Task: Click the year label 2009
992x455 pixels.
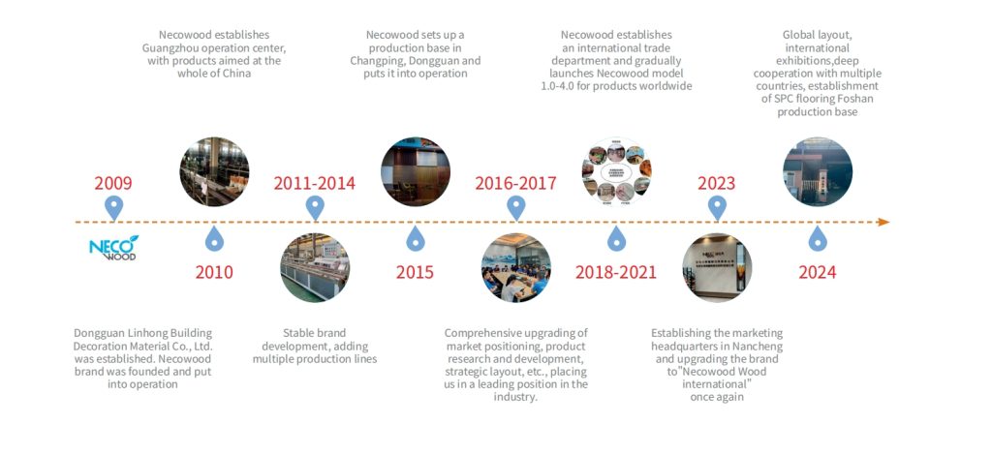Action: coord(113,183)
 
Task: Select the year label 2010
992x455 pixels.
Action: coord(214,272)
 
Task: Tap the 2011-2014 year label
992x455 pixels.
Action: coord(315,183)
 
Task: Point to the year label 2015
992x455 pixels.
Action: coord(415,272)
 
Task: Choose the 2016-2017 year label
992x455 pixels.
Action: coord(515,183)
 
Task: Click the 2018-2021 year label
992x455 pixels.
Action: coord(616,272)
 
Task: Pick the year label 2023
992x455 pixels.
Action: coord(716,183)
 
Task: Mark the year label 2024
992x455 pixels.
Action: coord(818,272)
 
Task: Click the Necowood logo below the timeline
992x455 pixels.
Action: coord(114,247)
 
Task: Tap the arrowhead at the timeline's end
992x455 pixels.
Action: coord(883,222)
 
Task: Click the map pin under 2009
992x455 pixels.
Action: coord(114,207)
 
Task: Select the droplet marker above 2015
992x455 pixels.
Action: coord(415,239)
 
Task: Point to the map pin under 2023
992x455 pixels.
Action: coord(717,207)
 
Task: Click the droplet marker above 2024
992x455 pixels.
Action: coord(818,239)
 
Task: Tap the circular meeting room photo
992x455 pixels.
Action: coord(515,267)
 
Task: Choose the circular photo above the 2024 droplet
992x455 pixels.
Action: coord(818,172)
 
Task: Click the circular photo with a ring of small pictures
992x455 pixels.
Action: coord(617,172)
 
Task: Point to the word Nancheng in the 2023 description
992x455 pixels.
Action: coord(760,347)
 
